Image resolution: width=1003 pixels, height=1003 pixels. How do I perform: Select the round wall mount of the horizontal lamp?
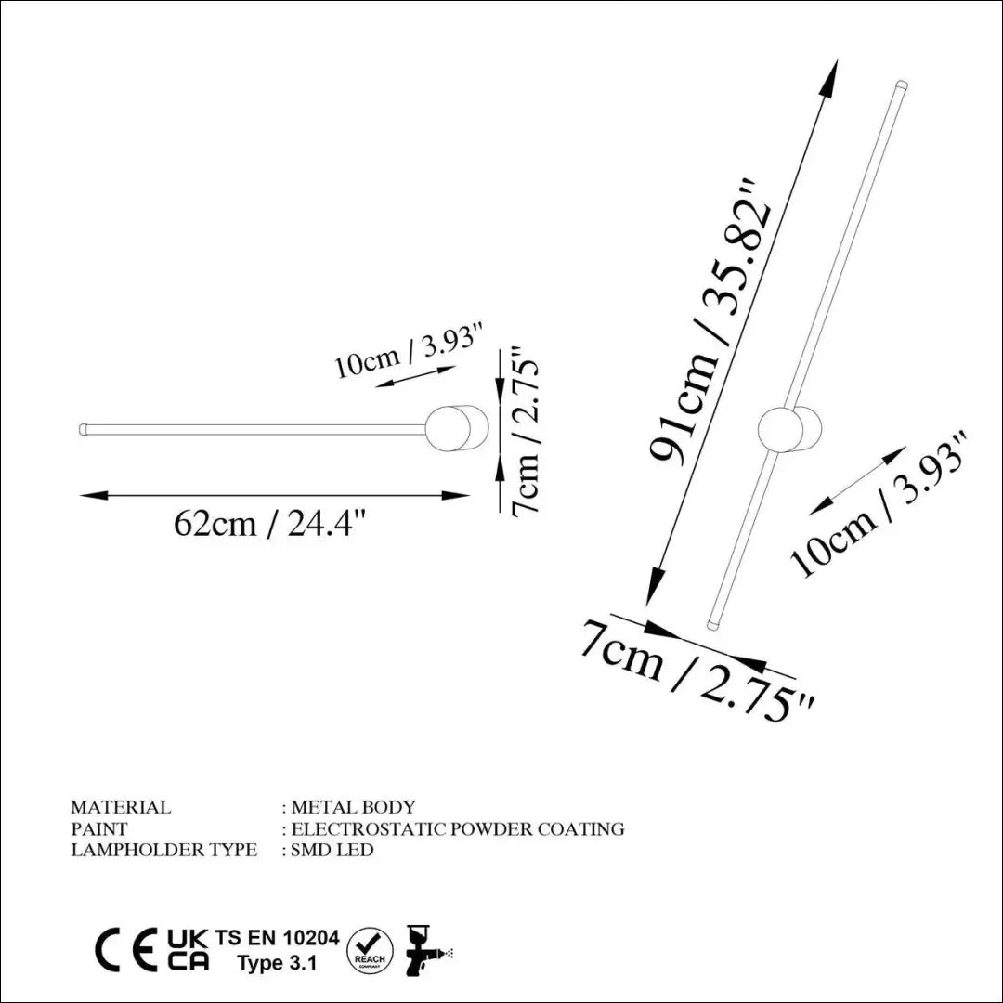(x=457, y=428)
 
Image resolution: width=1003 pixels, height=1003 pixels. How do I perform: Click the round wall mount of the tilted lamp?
(x=790, y=429)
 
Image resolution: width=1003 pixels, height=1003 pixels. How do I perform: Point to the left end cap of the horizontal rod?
(x=83, y=429)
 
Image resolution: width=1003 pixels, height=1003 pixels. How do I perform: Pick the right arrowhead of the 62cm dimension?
(x=456, y=495)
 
